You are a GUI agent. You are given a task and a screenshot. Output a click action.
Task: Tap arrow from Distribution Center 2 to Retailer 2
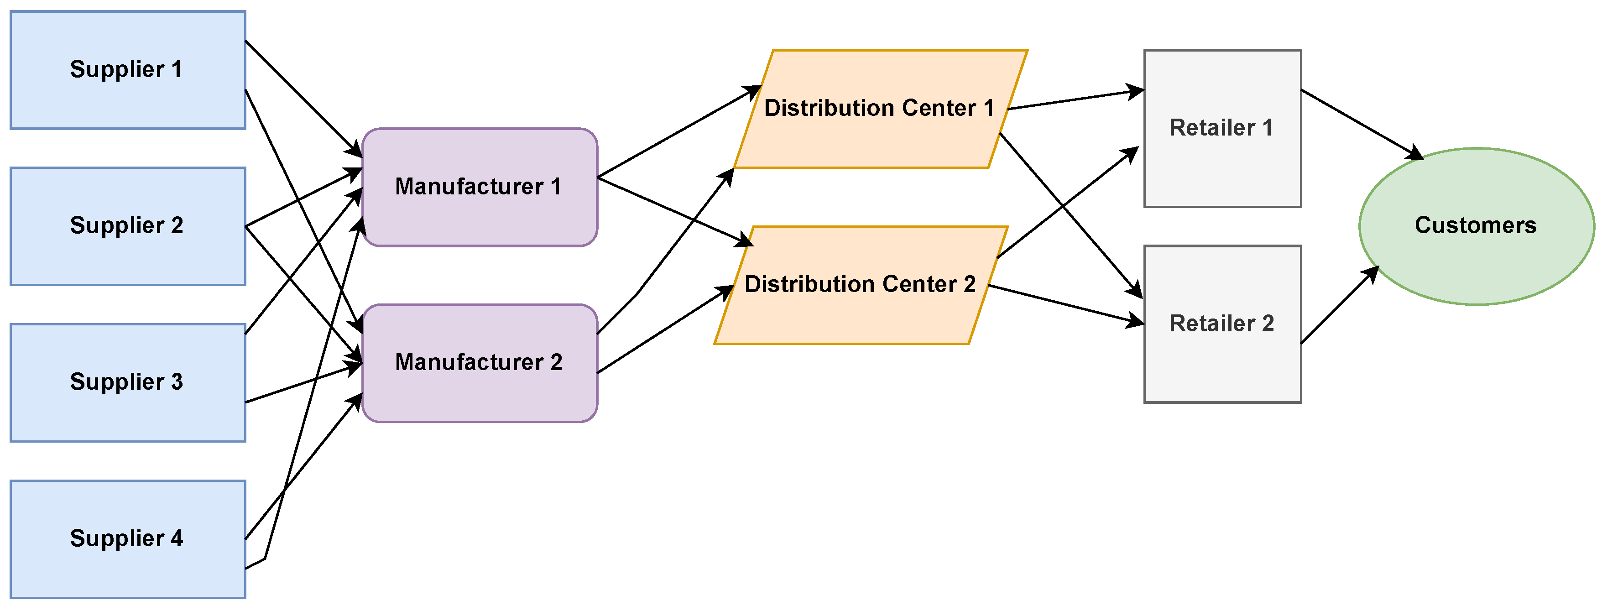[x=1066, y=305]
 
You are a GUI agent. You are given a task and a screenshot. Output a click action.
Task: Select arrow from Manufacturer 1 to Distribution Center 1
[x=678, y=132]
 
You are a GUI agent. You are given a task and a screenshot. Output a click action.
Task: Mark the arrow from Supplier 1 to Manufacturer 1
[x=303, y=98]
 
